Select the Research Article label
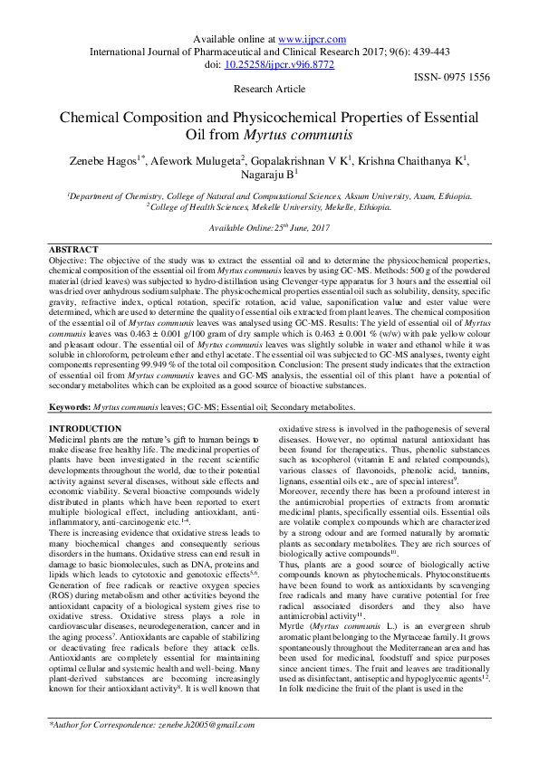(x=269, y=90)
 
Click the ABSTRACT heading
(x=74, y=250)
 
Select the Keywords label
(x=69, y=408)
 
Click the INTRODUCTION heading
(x=84, y=428)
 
